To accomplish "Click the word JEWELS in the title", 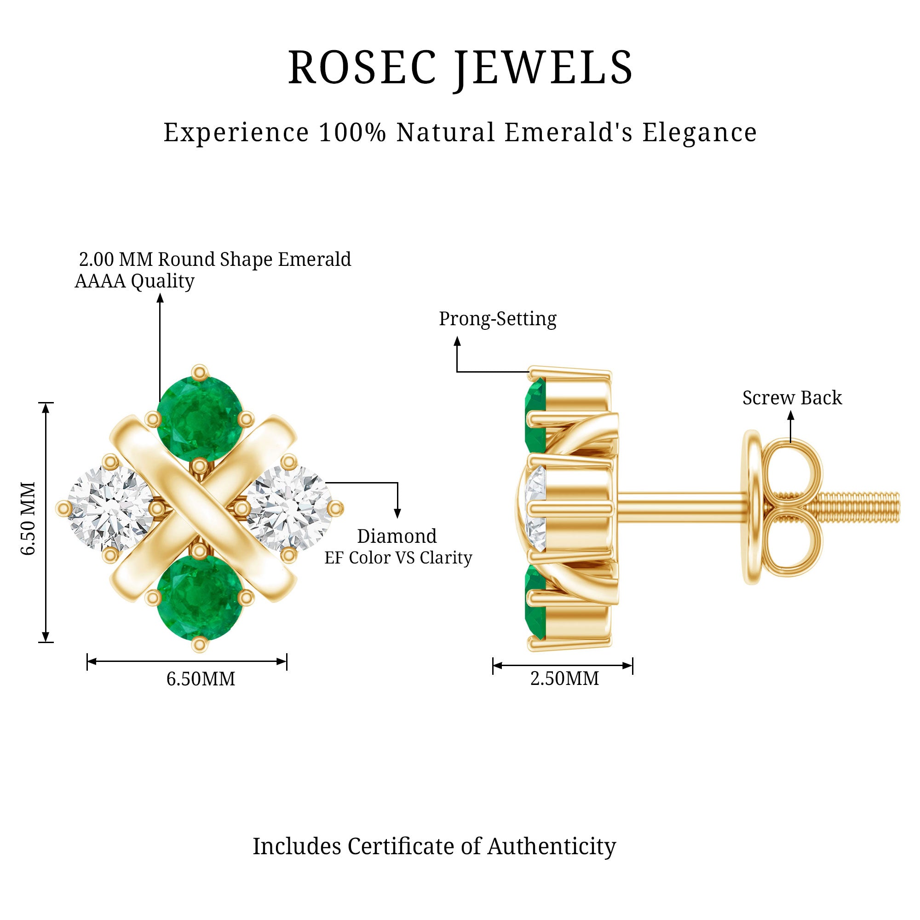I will point(543,68).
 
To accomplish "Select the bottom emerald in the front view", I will point(200,597).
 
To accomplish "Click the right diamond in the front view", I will point(289,508).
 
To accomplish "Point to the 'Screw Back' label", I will point(792,398).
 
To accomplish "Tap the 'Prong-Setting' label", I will point(497,319).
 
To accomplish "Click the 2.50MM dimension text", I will point(564,678).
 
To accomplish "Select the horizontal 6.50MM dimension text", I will point(201,679).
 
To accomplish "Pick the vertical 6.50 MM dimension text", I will point(29,518).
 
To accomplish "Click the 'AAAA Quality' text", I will point(134,281).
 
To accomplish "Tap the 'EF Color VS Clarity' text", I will point(398,558).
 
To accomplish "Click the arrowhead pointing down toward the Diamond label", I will point(397,513).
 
